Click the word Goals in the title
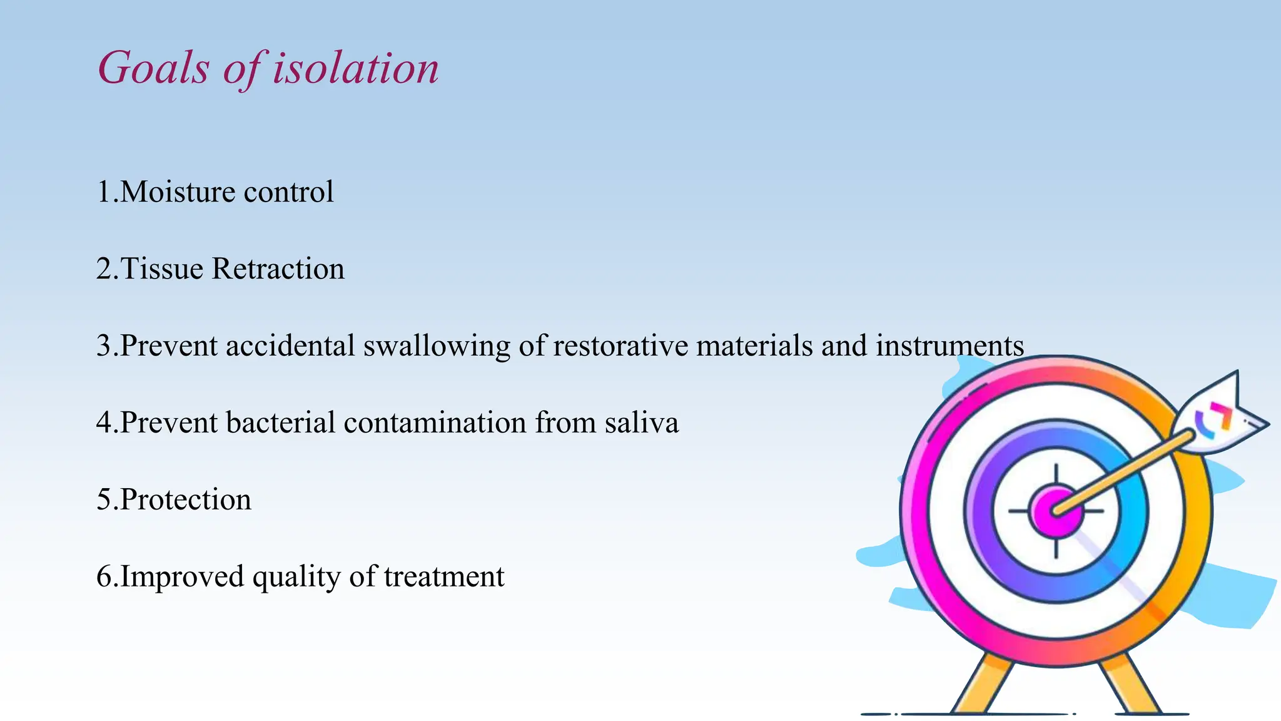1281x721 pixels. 153,68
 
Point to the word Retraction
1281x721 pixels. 278,268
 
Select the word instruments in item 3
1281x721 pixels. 949,345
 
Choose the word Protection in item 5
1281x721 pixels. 185,499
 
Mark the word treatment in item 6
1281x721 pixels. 443,576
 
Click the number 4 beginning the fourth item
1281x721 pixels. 103,422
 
